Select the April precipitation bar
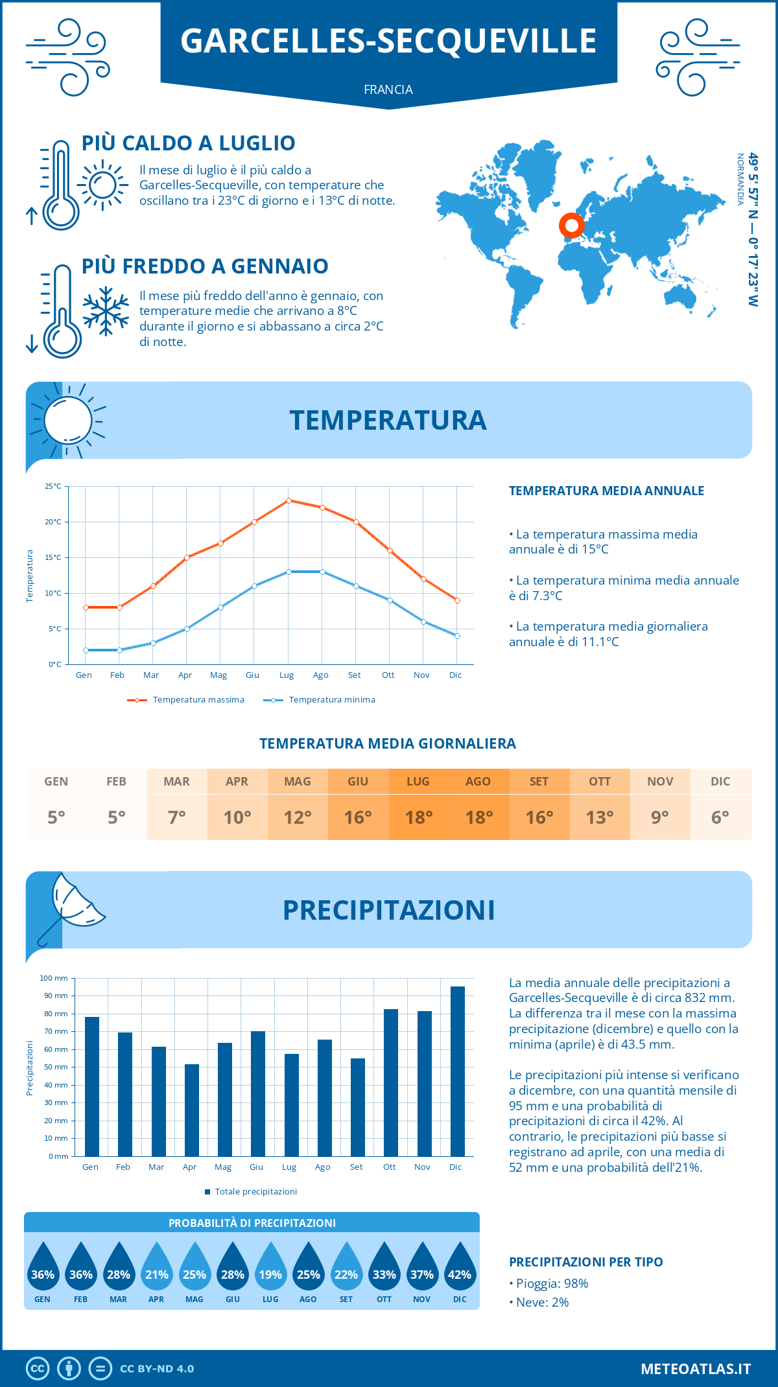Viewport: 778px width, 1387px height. (192, 1110)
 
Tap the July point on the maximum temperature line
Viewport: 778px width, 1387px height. (289, 500)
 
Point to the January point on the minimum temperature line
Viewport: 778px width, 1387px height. (86, 650)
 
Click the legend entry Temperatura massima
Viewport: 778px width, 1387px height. (186, 700)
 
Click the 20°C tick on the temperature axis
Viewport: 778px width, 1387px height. (53, 522)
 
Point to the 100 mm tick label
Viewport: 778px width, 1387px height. (54, 978)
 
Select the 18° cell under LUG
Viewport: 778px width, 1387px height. (418, 817)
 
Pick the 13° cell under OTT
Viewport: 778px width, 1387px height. (600, 817)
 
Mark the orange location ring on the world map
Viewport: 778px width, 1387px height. (571, 226)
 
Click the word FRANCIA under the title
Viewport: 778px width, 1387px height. (388, 90)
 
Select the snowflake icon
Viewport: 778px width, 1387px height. (106, 312)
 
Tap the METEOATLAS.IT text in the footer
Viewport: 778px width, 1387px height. (696, 1369)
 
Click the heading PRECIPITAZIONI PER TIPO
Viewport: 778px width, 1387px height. (585, 1262)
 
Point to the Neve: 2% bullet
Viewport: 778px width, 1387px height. (539, 1303)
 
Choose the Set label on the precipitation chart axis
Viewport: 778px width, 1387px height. (357, 1167)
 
